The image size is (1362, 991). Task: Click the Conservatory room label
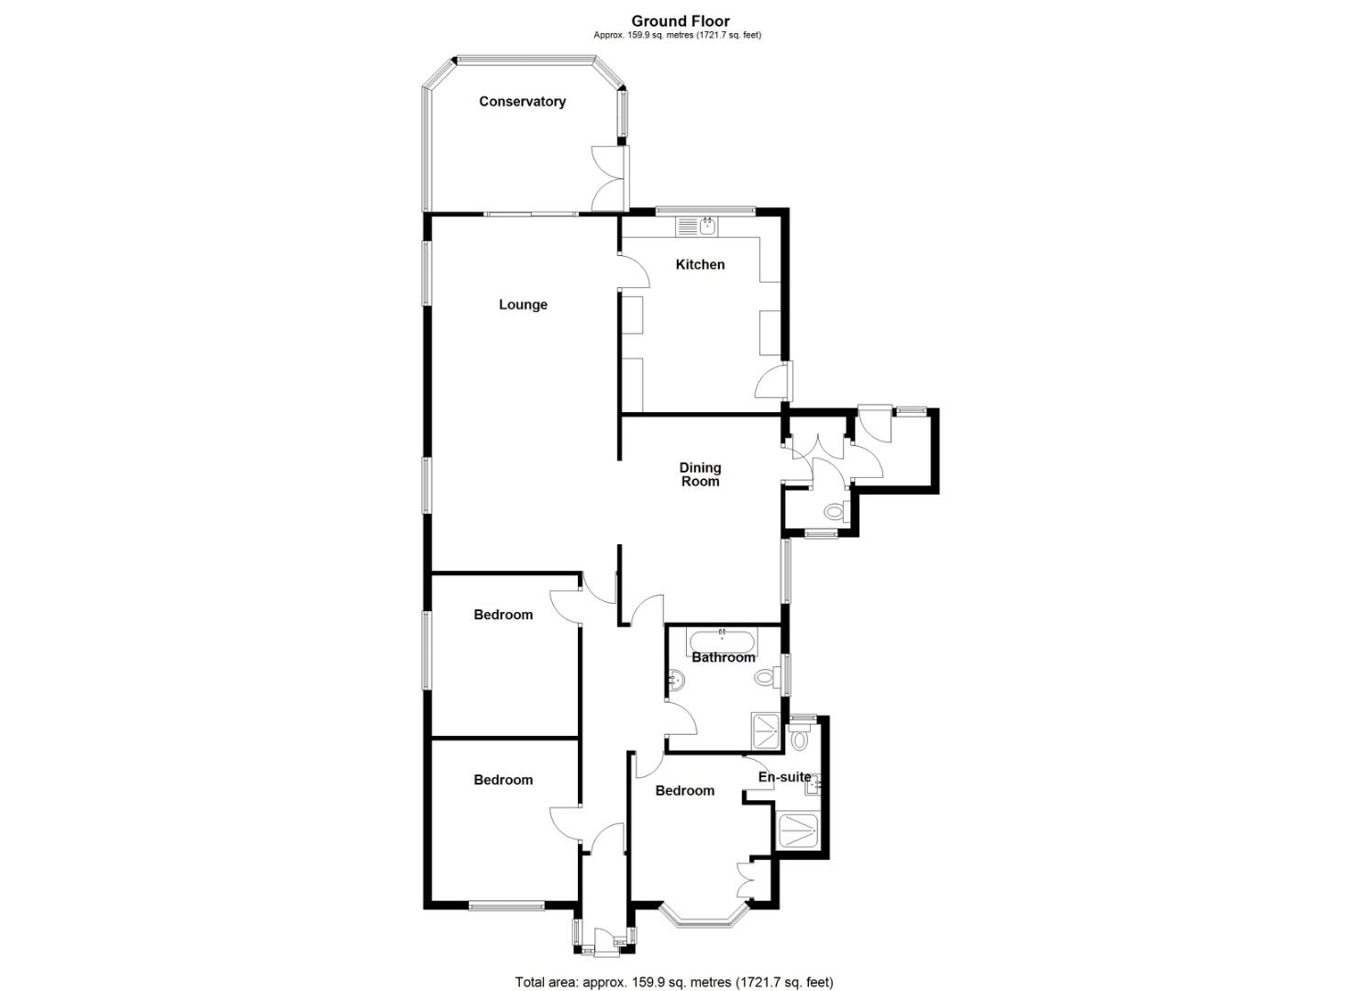click(522, 102)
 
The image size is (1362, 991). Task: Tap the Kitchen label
click(700, 265)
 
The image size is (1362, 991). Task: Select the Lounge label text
click(523, 305)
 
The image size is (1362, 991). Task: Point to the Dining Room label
click(700, 474)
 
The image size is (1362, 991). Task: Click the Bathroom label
click(723, 657)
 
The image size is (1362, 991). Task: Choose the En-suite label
click(783, 777)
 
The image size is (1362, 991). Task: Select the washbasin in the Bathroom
click(676, 681)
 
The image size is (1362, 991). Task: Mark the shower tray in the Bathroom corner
click(768, 730)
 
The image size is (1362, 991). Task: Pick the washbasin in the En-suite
click(814, 784)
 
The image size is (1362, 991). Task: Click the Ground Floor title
click(681, 21)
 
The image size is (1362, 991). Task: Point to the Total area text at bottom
click(674, 982)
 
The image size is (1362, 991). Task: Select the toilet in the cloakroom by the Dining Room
click(835, 511)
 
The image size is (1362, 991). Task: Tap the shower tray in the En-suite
click(799, 830)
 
